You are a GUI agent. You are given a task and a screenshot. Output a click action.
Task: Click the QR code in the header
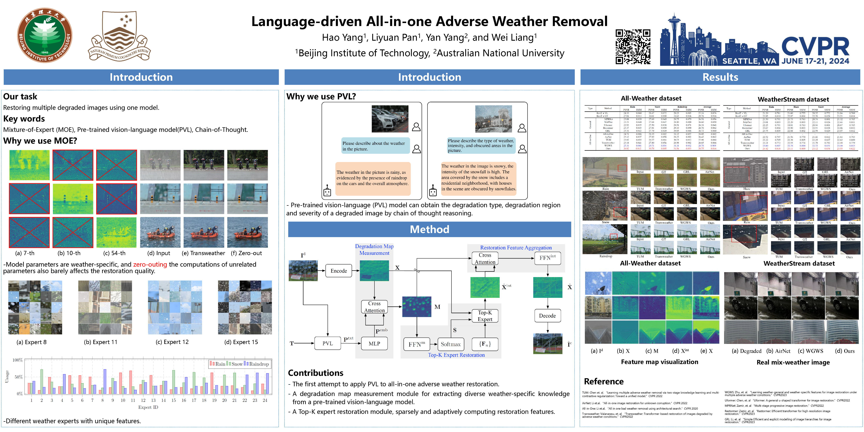click(633, 47)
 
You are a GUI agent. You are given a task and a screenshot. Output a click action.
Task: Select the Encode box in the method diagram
click(339, 271)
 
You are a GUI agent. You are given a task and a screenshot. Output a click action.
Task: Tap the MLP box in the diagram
click(374, 343)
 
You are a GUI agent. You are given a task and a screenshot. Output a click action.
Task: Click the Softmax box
click(450, 344)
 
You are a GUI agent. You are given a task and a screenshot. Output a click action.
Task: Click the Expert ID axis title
click(148, 407)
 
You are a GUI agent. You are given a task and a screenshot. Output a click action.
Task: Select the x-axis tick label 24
click(265, 400)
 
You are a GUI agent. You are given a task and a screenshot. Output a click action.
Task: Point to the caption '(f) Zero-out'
click(246, 253)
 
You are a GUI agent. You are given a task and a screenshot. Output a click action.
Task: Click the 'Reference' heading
click(604, 381)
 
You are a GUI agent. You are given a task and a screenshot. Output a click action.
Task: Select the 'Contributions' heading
click(316, 373)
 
